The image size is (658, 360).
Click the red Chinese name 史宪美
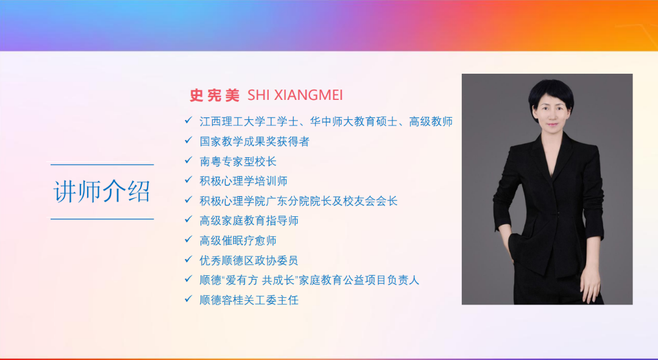pos(214,95)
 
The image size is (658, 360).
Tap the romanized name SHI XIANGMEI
pos(295,95)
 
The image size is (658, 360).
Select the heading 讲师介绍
pos(102,192)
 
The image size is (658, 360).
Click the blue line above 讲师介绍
pos(102,164)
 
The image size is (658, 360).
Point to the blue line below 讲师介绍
pos(102,219)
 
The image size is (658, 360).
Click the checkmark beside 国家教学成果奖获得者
pos(188,141)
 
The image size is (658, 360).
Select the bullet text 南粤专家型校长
pos(238,161)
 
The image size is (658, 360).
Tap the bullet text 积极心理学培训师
pos(243,182)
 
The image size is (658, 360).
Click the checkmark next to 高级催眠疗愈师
pos(188,239)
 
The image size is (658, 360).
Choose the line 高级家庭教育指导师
pos(249,221)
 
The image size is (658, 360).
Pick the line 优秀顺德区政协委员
pos(249,261)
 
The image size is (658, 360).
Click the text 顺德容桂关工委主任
pos(249,300)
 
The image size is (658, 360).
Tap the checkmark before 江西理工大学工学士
pos(188,121)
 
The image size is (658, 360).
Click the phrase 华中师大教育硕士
pos(354,122)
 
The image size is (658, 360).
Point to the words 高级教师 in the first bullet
pos(431,122)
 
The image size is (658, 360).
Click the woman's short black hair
pos(550,93)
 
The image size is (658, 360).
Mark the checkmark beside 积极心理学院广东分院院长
pos(188,200)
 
